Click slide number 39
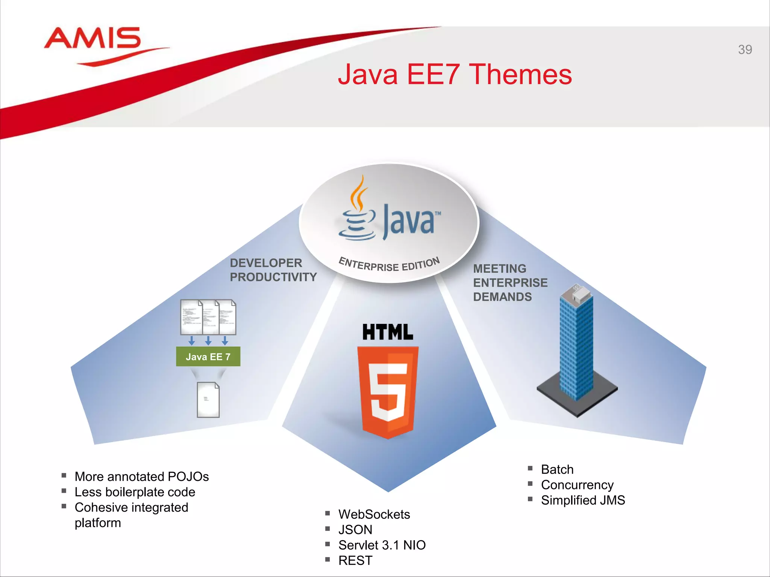(744, 50)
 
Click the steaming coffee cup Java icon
(357, 210)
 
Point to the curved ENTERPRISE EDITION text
(389, 264)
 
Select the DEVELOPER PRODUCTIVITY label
(273, 270)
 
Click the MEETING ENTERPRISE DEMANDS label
(509, 283)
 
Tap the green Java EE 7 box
(208, 356)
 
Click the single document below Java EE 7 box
(208, 400)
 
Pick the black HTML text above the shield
(387, 332)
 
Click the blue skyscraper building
(576, 346)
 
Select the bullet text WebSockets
(374, 514)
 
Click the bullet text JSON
(355, 530)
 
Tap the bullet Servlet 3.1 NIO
(382, 545)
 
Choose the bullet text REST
(355, 560)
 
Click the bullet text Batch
(557, 470)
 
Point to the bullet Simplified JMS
(582, 500)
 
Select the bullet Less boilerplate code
(135, 492)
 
